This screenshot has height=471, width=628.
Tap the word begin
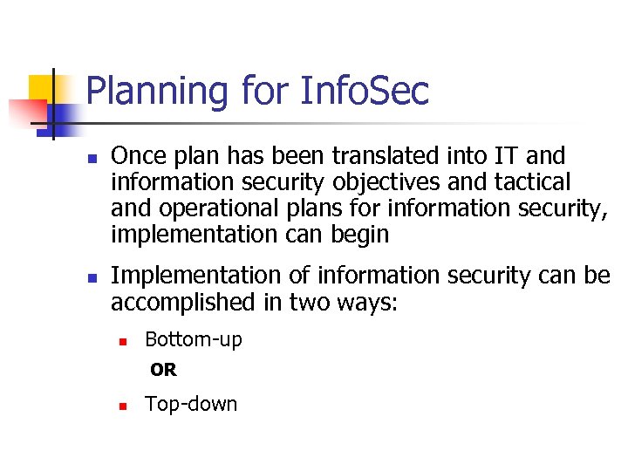[362, 235]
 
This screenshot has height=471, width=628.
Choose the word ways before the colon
[366, 302]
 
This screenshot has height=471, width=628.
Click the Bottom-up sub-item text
[194, 340]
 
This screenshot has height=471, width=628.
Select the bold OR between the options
[163, 370]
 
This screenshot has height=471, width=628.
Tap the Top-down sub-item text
[191, 404]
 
